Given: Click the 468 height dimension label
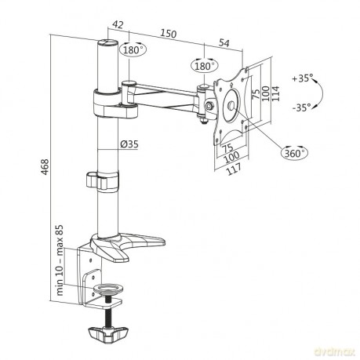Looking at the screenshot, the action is coord(45,166).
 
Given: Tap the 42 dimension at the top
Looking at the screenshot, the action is coord(118,24).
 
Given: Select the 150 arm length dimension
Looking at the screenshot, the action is coord(169,34).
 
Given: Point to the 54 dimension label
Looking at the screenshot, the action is coord(224,42).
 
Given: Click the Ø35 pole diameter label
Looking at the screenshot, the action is coord(129,144).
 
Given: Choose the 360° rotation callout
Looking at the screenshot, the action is coord(294,153).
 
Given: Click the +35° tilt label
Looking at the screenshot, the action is coord(303,78).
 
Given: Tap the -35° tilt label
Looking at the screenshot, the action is coord(302,107).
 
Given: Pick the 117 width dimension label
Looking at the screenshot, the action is coord(234,169).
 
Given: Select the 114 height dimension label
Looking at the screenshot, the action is coord(275,93).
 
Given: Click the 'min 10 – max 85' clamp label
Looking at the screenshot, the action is coord(60,260).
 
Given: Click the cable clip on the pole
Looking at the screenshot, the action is coord(102,180).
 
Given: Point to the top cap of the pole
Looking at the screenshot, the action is coord(107,43).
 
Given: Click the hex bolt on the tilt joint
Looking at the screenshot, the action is coord(209,106).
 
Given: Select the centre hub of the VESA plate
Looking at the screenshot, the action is coord(232,105).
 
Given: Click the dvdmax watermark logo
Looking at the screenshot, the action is coord(335,352).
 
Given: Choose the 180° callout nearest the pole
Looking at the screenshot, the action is coord(133,49).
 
